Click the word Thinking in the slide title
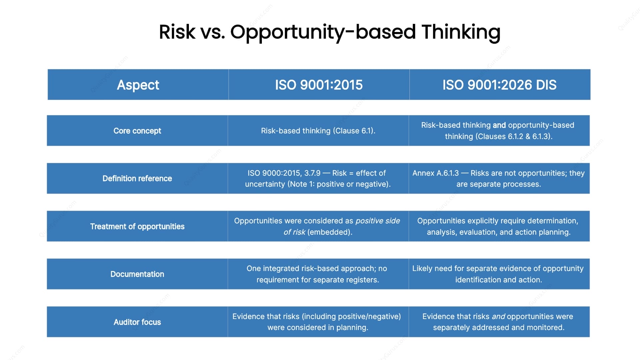(x=461, y=32)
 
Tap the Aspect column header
(x=138, y=85)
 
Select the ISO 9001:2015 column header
(x=319, y=85)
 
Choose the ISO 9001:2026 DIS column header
(x=499, y=85)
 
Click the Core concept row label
(x=137, y=131)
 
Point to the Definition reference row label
(x=137, y=178)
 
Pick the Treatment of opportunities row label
(x=137, y=226)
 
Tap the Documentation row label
(x=137, y=274)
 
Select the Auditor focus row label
(x=137, y=322)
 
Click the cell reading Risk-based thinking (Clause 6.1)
(x=318, y=131)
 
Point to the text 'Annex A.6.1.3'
(x=435, y=173)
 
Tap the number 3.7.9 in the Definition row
(x=312, y=173)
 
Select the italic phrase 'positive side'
(x=378, y=221)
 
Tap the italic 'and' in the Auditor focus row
(x=498, y=316)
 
